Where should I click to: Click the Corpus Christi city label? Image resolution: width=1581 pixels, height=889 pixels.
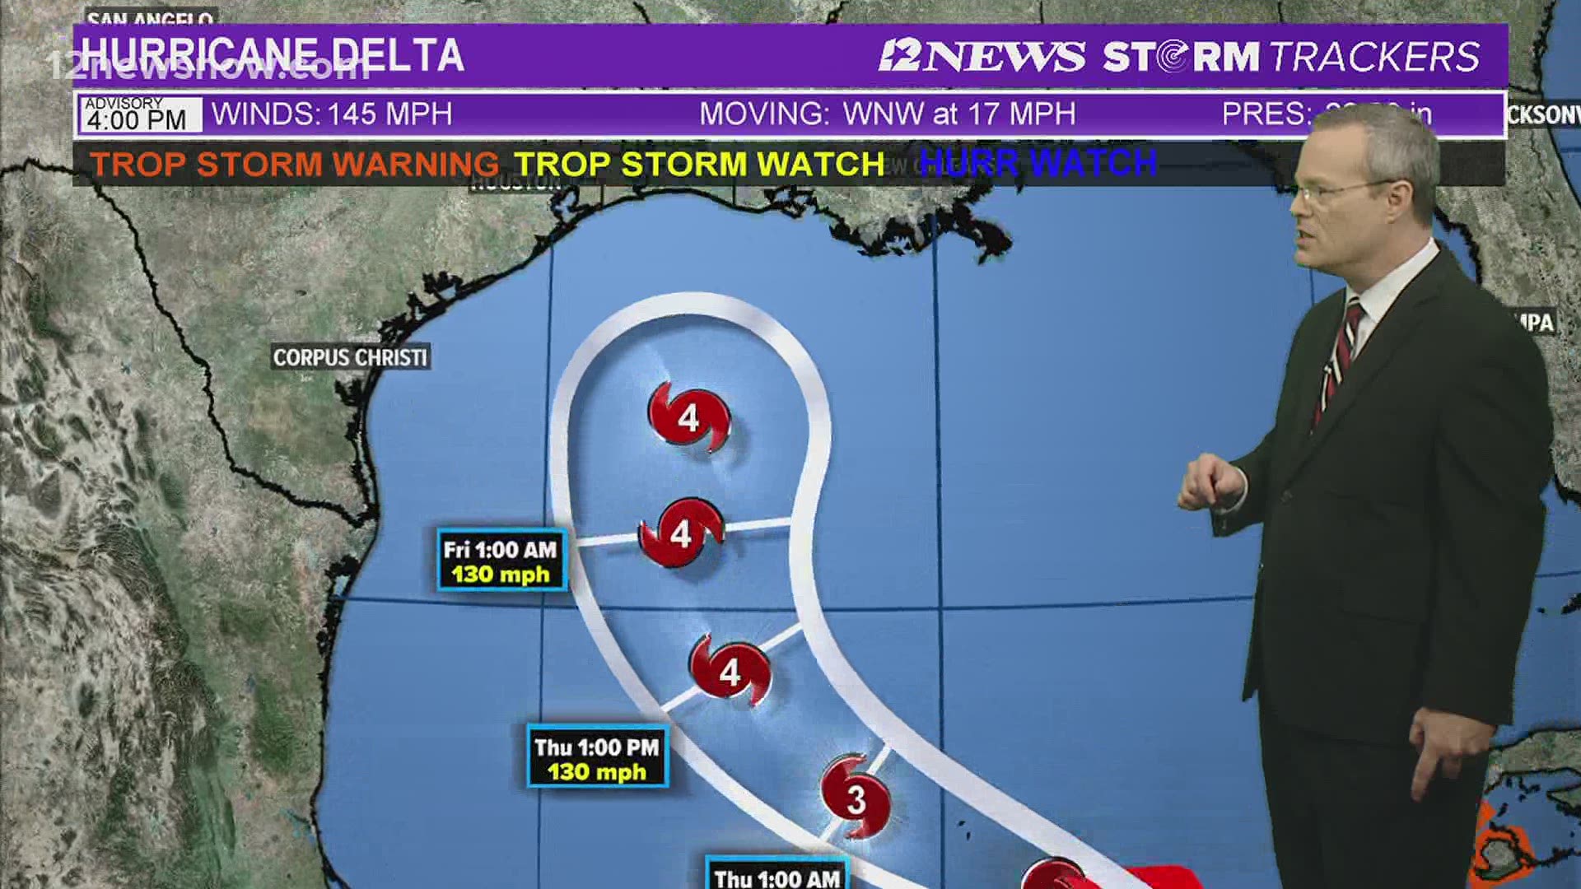[x=350, y=357]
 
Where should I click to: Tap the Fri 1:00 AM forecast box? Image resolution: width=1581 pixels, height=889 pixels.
[x=501, y=561]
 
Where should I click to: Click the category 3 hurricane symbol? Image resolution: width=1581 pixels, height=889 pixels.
[x=856, y=797]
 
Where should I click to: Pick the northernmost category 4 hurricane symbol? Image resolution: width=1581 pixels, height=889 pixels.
[x=689, y=417]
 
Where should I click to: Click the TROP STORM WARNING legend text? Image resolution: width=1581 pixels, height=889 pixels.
[x=294, y=164]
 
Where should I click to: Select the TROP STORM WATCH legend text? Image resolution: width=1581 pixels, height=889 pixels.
[x=699, y=164]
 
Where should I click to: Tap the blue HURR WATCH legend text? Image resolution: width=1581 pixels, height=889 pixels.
[x=1038, y=163]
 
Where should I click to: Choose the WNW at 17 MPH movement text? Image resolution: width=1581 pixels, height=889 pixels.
[x=959, y=114]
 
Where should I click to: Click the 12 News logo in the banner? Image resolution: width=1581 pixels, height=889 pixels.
[x=982, y=56]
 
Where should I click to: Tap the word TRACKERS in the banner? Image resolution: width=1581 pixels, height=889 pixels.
[x=1374, y=57]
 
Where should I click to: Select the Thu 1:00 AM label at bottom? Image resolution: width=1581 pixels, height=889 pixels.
[x=777, y=877]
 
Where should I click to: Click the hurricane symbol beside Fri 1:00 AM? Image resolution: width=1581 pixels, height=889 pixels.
[x=682, y=533]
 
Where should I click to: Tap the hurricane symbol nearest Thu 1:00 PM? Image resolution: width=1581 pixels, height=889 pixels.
[x=730, y=671]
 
